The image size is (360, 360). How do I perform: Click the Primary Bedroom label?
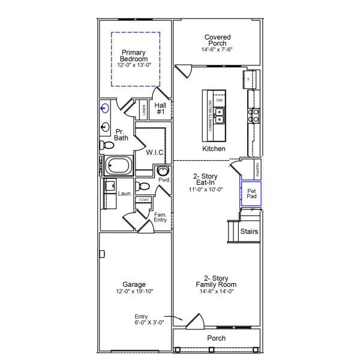point(135,56)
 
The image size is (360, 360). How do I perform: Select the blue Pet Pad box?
point(251,194)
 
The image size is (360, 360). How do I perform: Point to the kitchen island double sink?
point(220,112)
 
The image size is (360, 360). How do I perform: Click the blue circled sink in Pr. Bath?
point(106,109)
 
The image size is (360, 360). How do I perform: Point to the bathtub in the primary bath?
point(119,166)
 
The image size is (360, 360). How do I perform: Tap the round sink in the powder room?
point(162,171)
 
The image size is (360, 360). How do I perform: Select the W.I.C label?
point(155,152)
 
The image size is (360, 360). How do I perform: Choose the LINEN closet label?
point(143,110)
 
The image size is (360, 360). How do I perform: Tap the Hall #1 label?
point(160,108)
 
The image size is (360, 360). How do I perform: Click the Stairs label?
point(249,231)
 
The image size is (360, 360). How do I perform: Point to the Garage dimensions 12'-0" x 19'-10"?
point(134,292)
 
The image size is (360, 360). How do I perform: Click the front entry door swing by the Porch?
point(193,322)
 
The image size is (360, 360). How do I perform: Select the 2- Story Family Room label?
point(216,281)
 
